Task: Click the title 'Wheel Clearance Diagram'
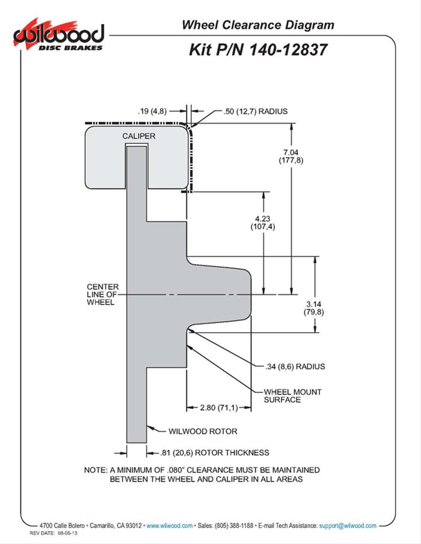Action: tap(258, 25)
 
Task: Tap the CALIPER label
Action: tap(139, 136)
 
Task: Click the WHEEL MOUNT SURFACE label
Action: tap(293, 396)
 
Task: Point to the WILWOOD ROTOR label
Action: tap(202, 431)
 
